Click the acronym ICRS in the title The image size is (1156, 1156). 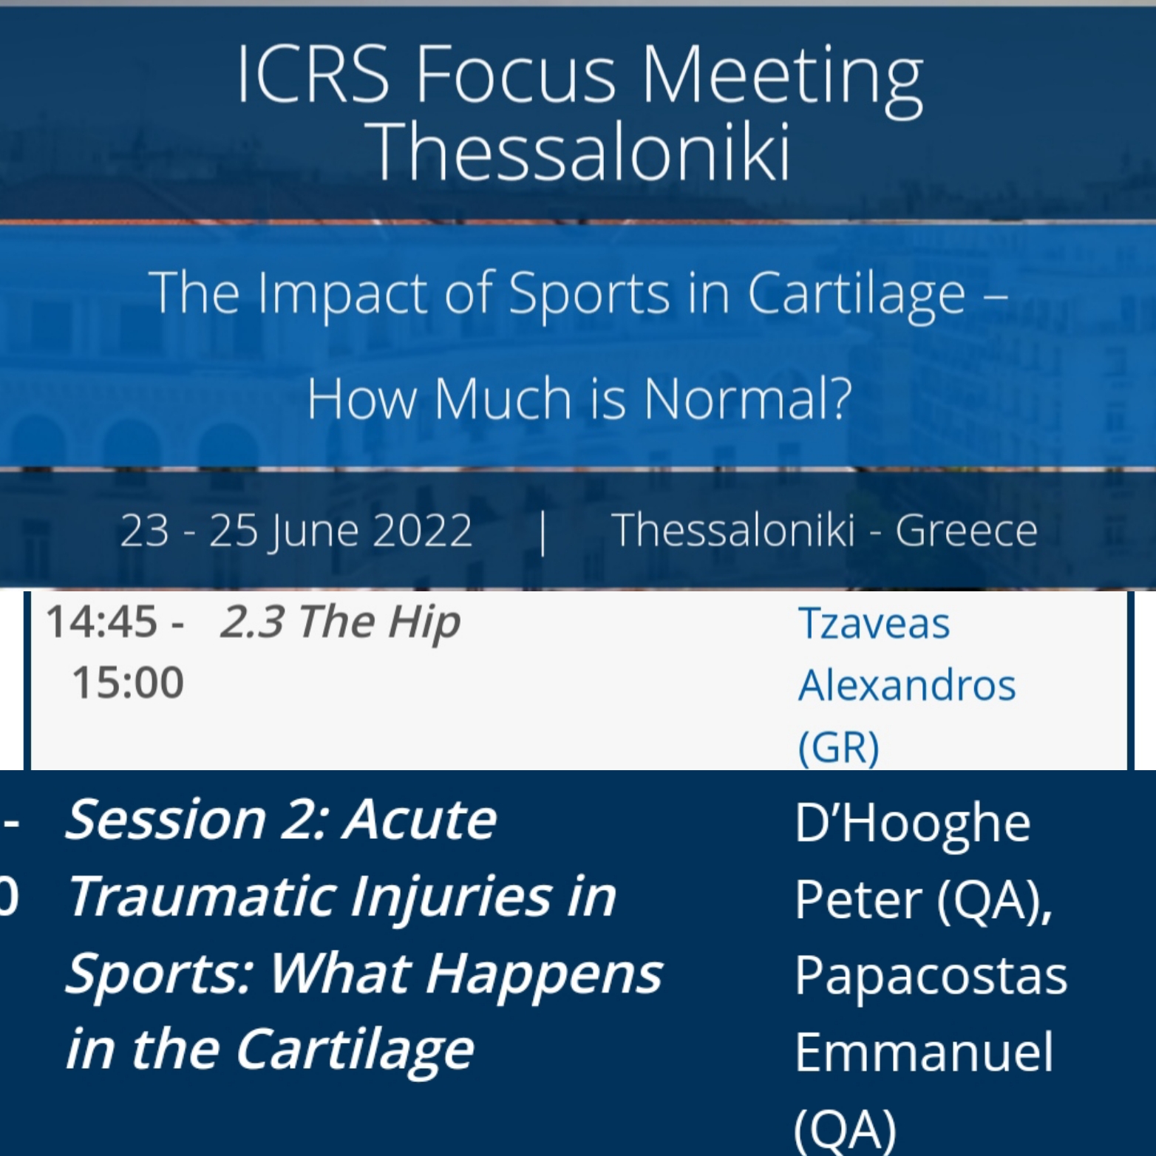[313, 74]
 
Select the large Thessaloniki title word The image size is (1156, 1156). [582, 152]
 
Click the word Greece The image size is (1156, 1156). [967, 530]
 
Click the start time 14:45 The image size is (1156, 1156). [102, 621]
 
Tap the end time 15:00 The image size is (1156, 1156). [128, 681]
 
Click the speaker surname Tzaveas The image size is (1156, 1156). [874, 624]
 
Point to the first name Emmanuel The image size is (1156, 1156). [924, 1052]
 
